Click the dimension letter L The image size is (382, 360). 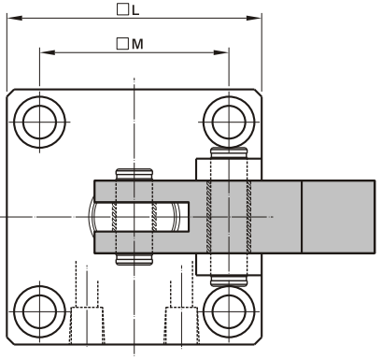[135, 10]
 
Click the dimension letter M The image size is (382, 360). [137, 44]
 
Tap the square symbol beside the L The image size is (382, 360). [122, 9]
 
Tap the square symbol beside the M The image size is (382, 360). [122, 44]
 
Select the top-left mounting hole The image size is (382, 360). [39, 122]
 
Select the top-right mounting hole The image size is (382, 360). [229, 122]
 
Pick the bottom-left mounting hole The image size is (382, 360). [39, 311]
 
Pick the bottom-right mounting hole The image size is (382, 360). [229, 311]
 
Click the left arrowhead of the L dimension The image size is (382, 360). [14, 18]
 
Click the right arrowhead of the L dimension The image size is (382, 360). [254, 18]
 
